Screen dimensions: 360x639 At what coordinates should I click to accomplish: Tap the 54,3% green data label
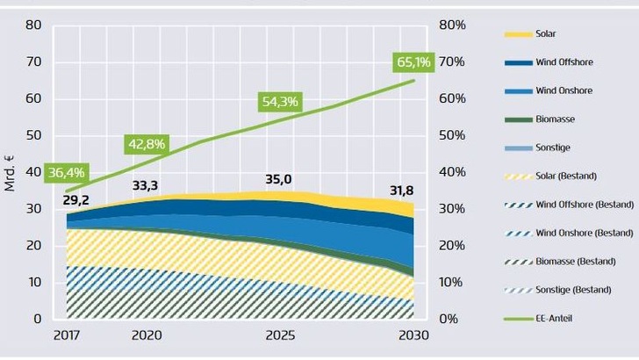[x=280, y=102]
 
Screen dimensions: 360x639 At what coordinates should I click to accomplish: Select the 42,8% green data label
[x=147, y=144]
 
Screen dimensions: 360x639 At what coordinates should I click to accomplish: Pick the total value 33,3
[x=146, y=185]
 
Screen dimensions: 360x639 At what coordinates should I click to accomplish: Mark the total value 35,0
[x=278, y=179]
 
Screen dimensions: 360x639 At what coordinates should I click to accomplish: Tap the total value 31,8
[x=403, y=191]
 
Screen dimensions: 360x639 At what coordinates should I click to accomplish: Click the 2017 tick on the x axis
[x=66, y=335]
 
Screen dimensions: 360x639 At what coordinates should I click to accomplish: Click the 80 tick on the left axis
[x=33, y=25]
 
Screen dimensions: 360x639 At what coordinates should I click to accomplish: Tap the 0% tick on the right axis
[x=449, y=319]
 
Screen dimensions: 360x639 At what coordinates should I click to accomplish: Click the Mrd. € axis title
[x=10, y=172]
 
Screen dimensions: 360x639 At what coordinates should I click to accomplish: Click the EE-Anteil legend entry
[x=554, y=319]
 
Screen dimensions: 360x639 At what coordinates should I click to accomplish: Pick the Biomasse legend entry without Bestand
[x=554, y=119]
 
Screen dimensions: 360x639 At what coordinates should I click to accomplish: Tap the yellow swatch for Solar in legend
[x=517, y=33]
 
